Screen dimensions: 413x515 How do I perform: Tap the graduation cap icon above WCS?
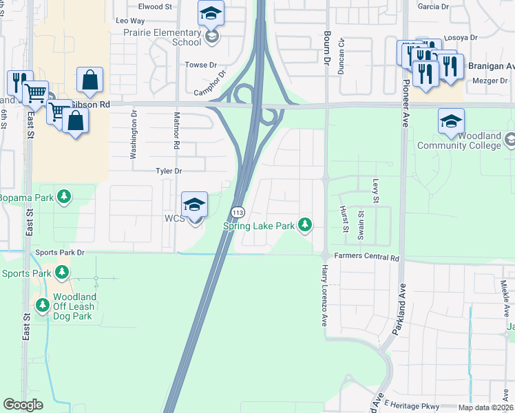point(194,204)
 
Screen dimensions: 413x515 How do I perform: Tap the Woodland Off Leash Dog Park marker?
point(43,304)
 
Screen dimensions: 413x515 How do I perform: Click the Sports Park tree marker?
point(62,273)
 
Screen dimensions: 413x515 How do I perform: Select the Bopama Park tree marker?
point(64,198)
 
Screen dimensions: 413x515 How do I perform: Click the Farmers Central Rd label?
point(367,257)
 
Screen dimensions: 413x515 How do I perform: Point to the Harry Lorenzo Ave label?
point(323,297)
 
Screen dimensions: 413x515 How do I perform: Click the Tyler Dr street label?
point(168,170)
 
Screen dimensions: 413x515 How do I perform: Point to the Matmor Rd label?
point(177,131)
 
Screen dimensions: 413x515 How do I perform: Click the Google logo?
point(23,405)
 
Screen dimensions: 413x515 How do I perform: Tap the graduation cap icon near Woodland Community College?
point(451,122)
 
